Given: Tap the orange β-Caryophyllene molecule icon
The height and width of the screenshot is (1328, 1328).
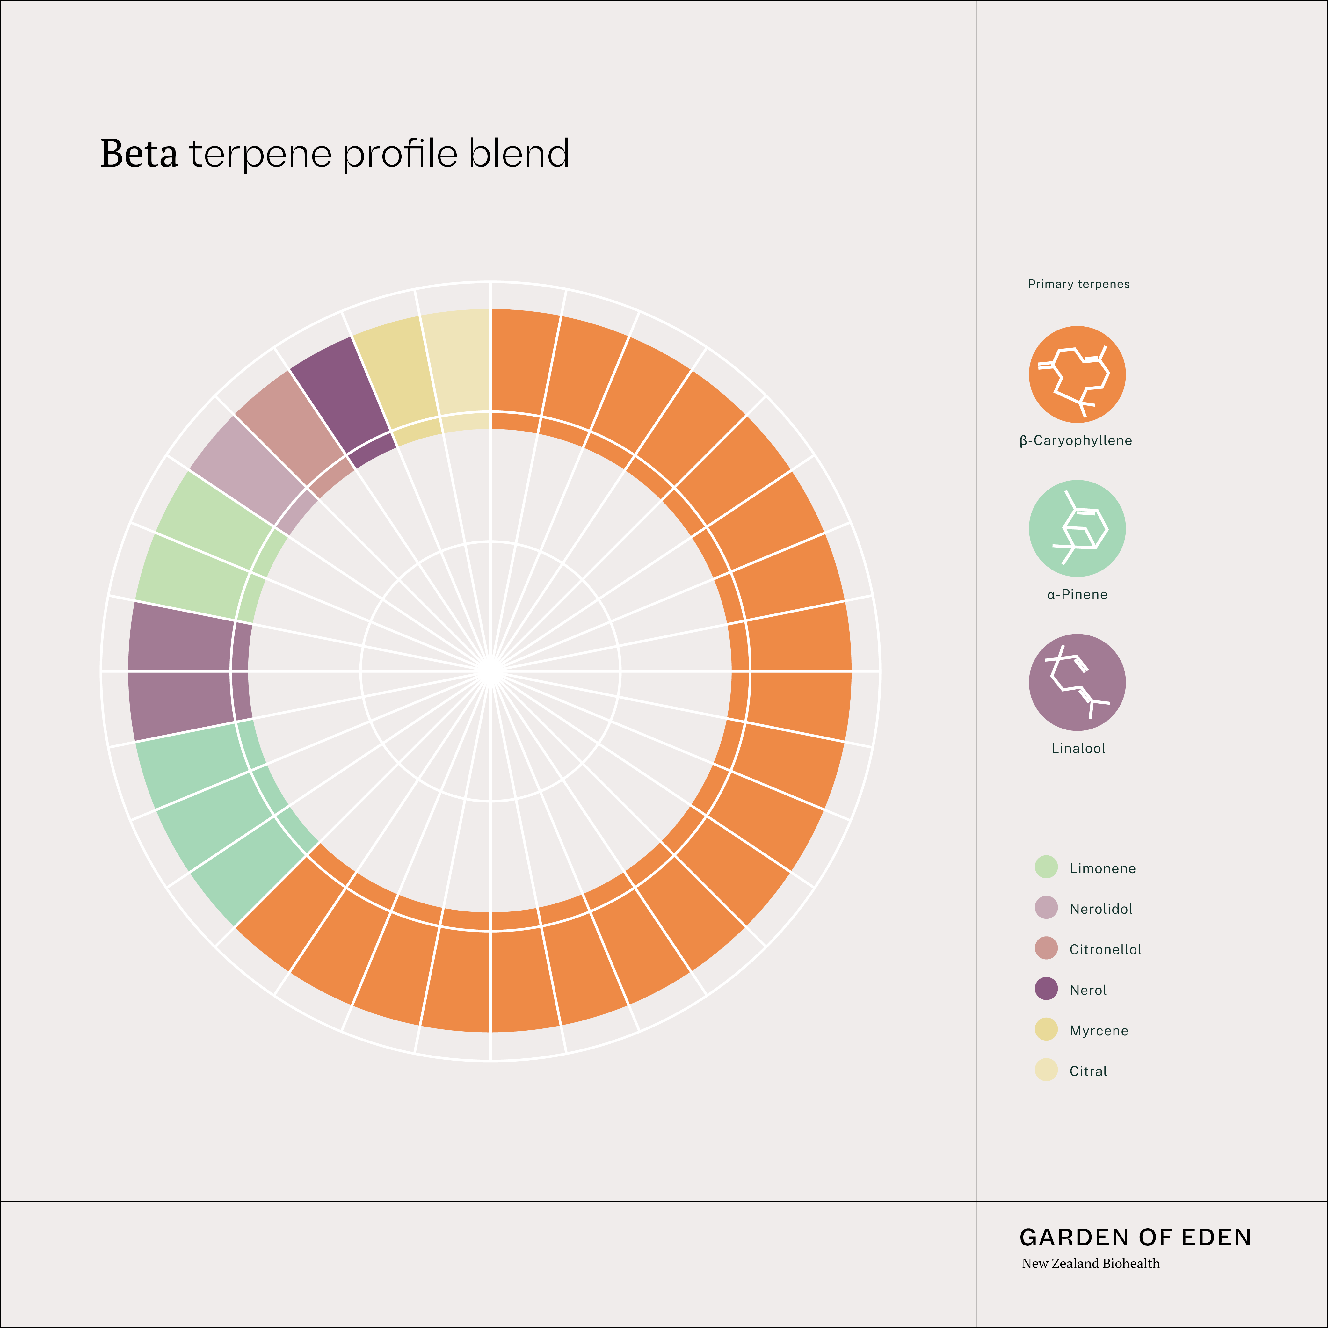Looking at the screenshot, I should (1077, 374).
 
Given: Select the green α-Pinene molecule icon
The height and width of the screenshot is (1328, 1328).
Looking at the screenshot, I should (1077, 529).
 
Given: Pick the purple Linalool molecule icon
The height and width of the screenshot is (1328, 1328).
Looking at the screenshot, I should (1077, 683).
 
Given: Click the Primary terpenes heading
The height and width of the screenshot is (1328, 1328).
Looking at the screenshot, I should (1078, 284).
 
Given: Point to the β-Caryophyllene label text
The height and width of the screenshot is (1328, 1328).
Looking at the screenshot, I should (1076, 441).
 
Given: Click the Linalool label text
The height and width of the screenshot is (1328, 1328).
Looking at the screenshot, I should (1078, 749).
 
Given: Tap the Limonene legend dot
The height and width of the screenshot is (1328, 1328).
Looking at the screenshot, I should (1046, 867).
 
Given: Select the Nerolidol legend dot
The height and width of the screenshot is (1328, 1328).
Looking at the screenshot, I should (1046, 907).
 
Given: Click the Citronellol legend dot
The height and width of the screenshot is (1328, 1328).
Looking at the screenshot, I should (1046, 948).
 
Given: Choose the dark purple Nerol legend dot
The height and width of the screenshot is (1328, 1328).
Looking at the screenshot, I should (1046, 989).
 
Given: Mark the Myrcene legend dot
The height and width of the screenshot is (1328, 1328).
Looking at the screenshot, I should (1046, 1029).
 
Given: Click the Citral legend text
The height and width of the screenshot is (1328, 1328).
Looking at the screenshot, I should (1088, 1071).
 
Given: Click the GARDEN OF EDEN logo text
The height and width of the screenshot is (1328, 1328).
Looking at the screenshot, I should (1135, 1237).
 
